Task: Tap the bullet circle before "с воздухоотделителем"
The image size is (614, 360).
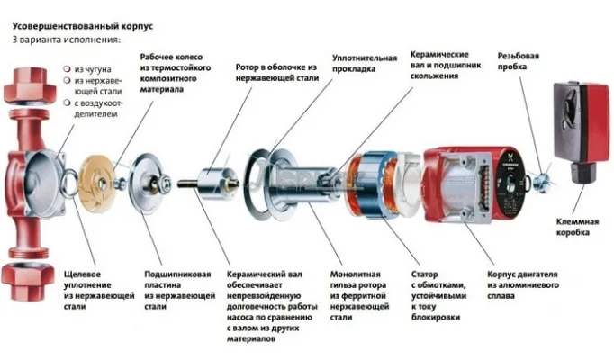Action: [x=68, y=103]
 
